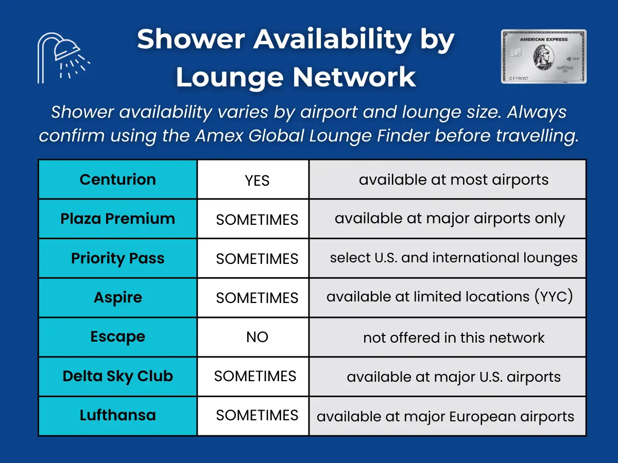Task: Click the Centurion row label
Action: click(117, 180)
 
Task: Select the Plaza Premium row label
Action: click(117, 219)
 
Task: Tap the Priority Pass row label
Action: click(117, 258)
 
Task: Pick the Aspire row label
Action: click(117, 297)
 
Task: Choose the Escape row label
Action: click(117, 337)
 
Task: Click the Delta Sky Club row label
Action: click(117, 376)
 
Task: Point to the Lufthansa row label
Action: click(117, 415)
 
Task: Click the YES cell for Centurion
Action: click(257, 181)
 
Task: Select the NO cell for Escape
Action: click(257, 337)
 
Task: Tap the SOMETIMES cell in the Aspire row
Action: click(257, 298)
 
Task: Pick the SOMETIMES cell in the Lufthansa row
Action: click(257, 416)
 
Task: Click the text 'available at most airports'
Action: click(453, 180)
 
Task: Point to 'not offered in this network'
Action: click(453, 337)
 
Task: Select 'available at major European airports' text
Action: click(445, 416)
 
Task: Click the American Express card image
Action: click(544, 57)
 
